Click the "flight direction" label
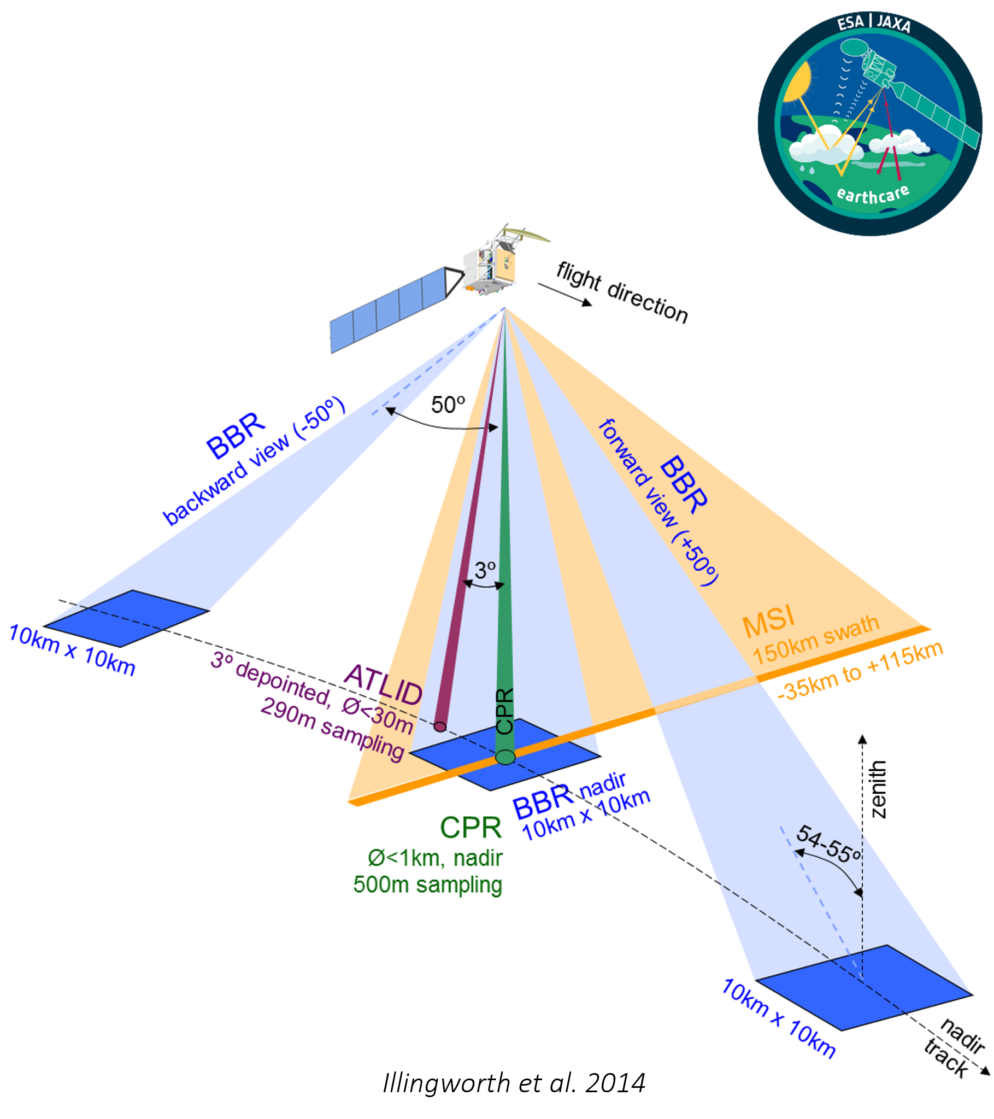click(622, 292)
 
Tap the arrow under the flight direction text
click(564, 295)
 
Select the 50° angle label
click(448, 405)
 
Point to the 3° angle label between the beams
click(485, 571)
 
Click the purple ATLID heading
click(383, 684)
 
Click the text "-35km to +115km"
click(860, 670)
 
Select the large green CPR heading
click(470, 828)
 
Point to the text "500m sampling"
click(427, 884)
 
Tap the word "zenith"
click(877, 789)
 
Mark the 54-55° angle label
click(827, 843)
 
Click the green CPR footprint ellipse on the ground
click(505, 757)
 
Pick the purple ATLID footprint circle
click(440, 727)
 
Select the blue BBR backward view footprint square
click(126, 618)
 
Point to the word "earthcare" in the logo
click(873, 195)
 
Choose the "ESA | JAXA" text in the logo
click(874, 24)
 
